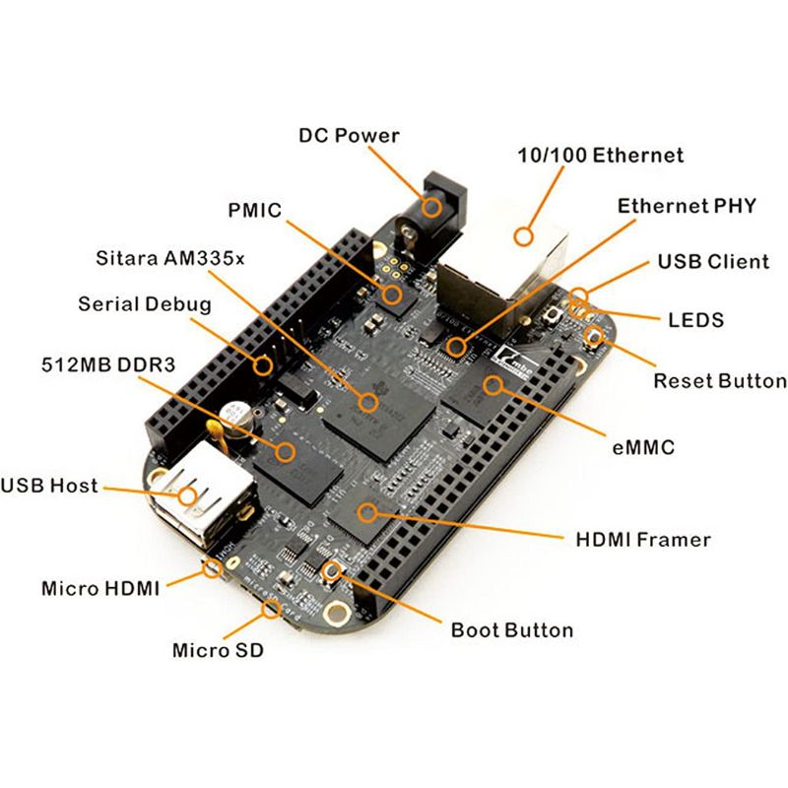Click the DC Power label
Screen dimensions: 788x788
pos(349,135)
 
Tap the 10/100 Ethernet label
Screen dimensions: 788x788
pos(601,156)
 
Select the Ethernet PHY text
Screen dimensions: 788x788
pos(687,206)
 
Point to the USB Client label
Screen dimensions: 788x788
pos(713,262)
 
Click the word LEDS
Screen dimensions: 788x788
pos(695,320)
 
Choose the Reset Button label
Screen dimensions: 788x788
pos(720,381)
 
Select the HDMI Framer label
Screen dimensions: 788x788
pos(642,540)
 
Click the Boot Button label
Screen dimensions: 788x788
pos(511,629)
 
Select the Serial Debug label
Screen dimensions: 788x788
pos(145,304)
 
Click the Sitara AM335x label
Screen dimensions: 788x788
pos(171,259)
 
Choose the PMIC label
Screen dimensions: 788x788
pos(254,210)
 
